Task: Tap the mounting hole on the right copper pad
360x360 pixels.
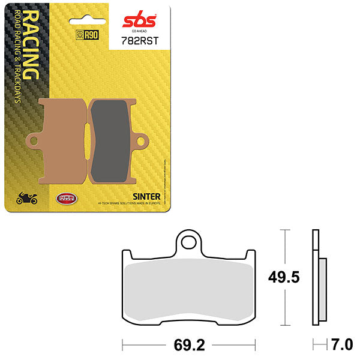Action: point(142,142)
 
